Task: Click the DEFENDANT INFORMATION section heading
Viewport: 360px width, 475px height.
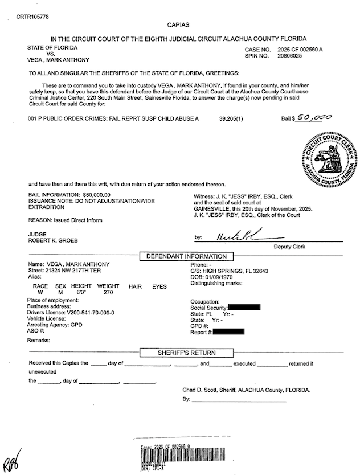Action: tap(187, 256)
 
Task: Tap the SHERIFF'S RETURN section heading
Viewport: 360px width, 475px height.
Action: tap(186, 353)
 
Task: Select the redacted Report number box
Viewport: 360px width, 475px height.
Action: tap(228, 331)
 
